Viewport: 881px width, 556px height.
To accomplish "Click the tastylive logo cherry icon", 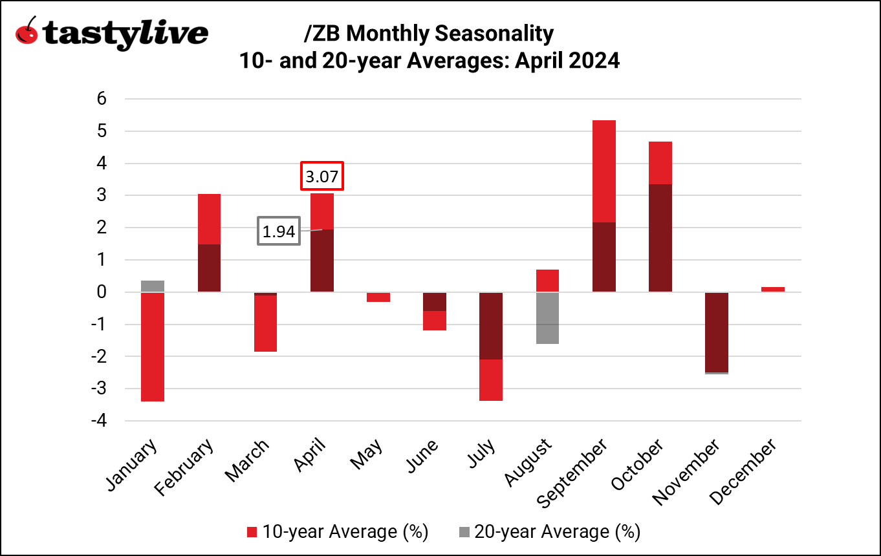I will [x=27, y=32].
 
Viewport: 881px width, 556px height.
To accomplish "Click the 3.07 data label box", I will [x=321, y=176].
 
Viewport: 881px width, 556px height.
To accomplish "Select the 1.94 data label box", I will [x=279, y=231].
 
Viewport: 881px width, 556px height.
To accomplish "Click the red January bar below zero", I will [x=152, y=347].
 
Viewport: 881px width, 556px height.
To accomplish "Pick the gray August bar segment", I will [x=547, y=318].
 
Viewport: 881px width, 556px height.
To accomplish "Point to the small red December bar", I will [x=773, y=289].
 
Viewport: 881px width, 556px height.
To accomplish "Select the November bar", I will [x=717, y=332].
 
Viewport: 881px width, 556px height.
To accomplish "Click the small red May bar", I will [x=378, y=297].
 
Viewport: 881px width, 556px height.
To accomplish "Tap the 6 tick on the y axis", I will [x=101, y=99].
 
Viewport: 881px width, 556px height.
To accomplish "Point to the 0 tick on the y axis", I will [x=101, y=292].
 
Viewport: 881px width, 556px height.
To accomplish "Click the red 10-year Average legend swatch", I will [x=252, y=533].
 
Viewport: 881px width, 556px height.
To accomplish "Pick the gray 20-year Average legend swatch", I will [x=464, y=533].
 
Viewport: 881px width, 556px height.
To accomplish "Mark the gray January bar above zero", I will [x=152, y=286].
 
